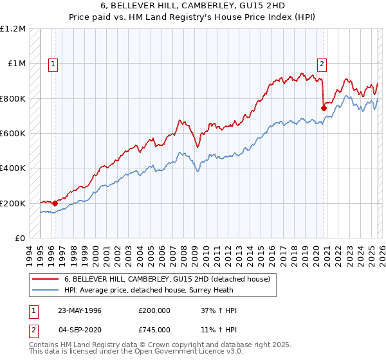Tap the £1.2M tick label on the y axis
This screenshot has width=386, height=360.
(12, 29)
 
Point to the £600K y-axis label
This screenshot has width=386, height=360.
(12, 134)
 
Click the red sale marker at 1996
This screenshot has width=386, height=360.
(55, 204)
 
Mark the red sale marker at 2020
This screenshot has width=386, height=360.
(324, 109)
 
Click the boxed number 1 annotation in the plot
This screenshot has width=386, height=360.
(52, 64)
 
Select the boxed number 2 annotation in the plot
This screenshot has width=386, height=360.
(321, 64)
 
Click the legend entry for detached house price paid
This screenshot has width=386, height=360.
(170, 279)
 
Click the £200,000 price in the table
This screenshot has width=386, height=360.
(154, 310)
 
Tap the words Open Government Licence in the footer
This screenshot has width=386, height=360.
(187, 353)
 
